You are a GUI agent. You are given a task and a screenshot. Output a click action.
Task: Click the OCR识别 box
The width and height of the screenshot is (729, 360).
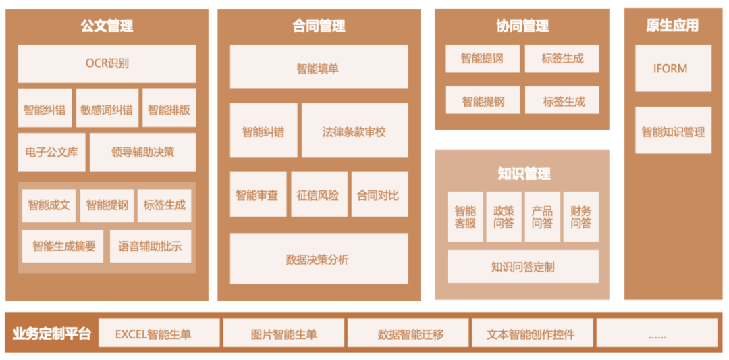107,64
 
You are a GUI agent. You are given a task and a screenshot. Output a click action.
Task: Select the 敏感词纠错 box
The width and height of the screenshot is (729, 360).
107,109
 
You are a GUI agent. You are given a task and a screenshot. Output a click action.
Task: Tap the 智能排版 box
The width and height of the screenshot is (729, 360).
169,109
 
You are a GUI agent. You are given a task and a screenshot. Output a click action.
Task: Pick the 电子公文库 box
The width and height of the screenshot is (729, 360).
51,152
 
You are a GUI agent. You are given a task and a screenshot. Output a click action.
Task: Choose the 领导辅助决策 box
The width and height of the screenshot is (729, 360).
142,152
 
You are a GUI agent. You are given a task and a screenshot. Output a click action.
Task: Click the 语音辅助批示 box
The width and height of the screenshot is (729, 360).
150,247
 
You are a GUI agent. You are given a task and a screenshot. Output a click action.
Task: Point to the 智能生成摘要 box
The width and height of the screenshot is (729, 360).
63,247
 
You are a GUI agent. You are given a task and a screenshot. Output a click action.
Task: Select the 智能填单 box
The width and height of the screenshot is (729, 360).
319,68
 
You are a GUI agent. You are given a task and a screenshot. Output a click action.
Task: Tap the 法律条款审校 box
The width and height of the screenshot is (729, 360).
354,131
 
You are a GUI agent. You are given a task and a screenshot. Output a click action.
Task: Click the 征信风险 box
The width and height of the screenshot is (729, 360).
318,195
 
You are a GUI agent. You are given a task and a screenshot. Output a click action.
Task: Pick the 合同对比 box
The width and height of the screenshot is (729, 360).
379,195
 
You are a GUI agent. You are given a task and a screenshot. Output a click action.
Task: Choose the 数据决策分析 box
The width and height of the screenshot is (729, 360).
319,259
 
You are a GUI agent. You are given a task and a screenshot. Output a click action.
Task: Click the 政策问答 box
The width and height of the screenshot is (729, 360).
504,217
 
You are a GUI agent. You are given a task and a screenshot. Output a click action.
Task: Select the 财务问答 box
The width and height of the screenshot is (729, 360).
581,217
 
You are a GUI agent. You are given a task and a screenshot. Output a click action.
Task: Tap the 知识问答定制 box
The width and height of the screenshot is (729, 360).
523,266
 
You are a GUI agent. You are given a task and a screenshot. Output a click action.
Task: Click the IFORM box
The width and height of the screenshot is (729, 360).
672,68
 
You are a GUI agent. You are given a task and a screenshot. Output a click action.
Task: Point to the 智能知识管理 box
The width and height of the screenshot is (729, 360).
672,131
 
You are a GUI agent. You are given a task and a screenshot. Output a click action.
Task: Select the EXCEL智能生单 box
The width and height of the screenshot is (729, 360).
159,334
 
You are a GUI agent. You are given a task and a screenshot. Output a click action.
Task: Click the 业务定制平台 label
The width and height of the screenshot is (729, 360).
51,334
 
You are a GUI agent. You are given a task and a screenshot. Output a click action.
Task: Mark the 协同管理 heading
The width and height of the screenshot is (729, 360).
522,26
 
